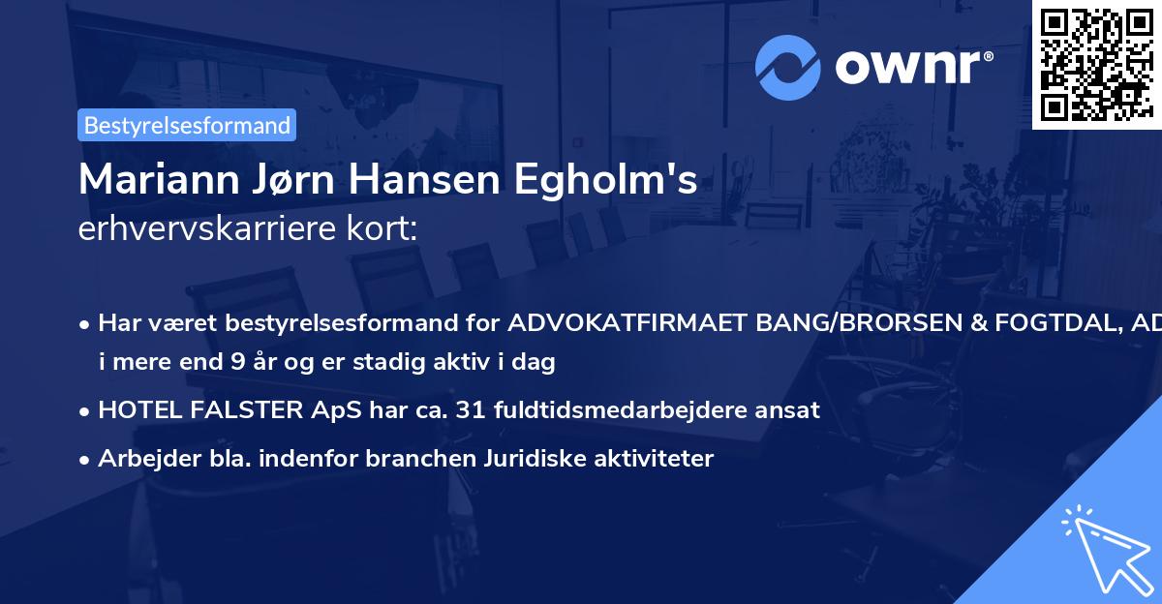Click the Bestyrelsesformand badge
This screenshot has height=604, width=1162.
(187, 125)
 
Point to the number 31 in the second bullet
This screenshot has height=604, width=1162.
(474, 409)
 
